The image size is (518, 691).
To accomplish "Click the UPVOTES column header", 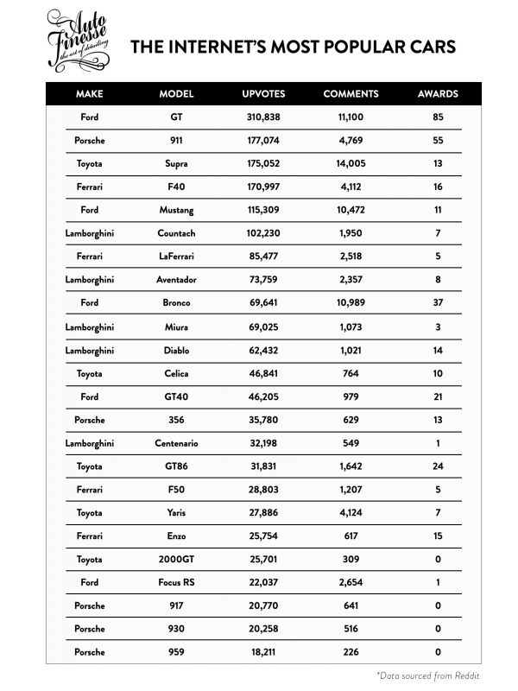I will pos(263,94).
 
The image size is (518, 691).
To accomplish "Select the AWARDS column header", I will pos(438,94).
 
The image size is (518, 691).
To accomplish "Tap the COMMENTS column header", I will pos(351,94).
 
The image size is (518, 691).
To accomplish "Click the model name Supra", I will pos(176,163).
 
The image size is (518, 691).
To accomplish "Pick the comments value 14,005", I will pos(351,163).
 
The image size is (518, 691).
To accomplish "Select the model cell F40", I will pos(176,187).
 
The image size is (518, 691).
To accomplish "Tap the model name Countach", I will pos(176,233).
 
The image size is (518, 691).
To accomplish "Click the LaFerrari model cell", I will pos(176,257).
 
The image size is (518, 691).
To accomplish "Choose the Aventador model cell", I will pos(176,280).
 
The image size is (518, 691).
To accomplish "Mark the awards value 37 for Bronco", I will pos(438,303).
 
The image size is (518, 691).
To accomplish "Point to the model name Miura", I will pos(176,326).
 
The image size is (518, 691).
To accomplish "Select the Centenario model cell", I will pos(176,443).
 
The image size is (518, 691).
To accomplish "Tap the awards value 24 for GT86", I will pos(438,466).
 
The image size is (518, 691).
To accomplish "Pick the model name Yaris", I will pos(176,512).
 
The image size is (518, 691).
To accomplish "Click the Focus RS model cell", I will pos(176,582).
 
